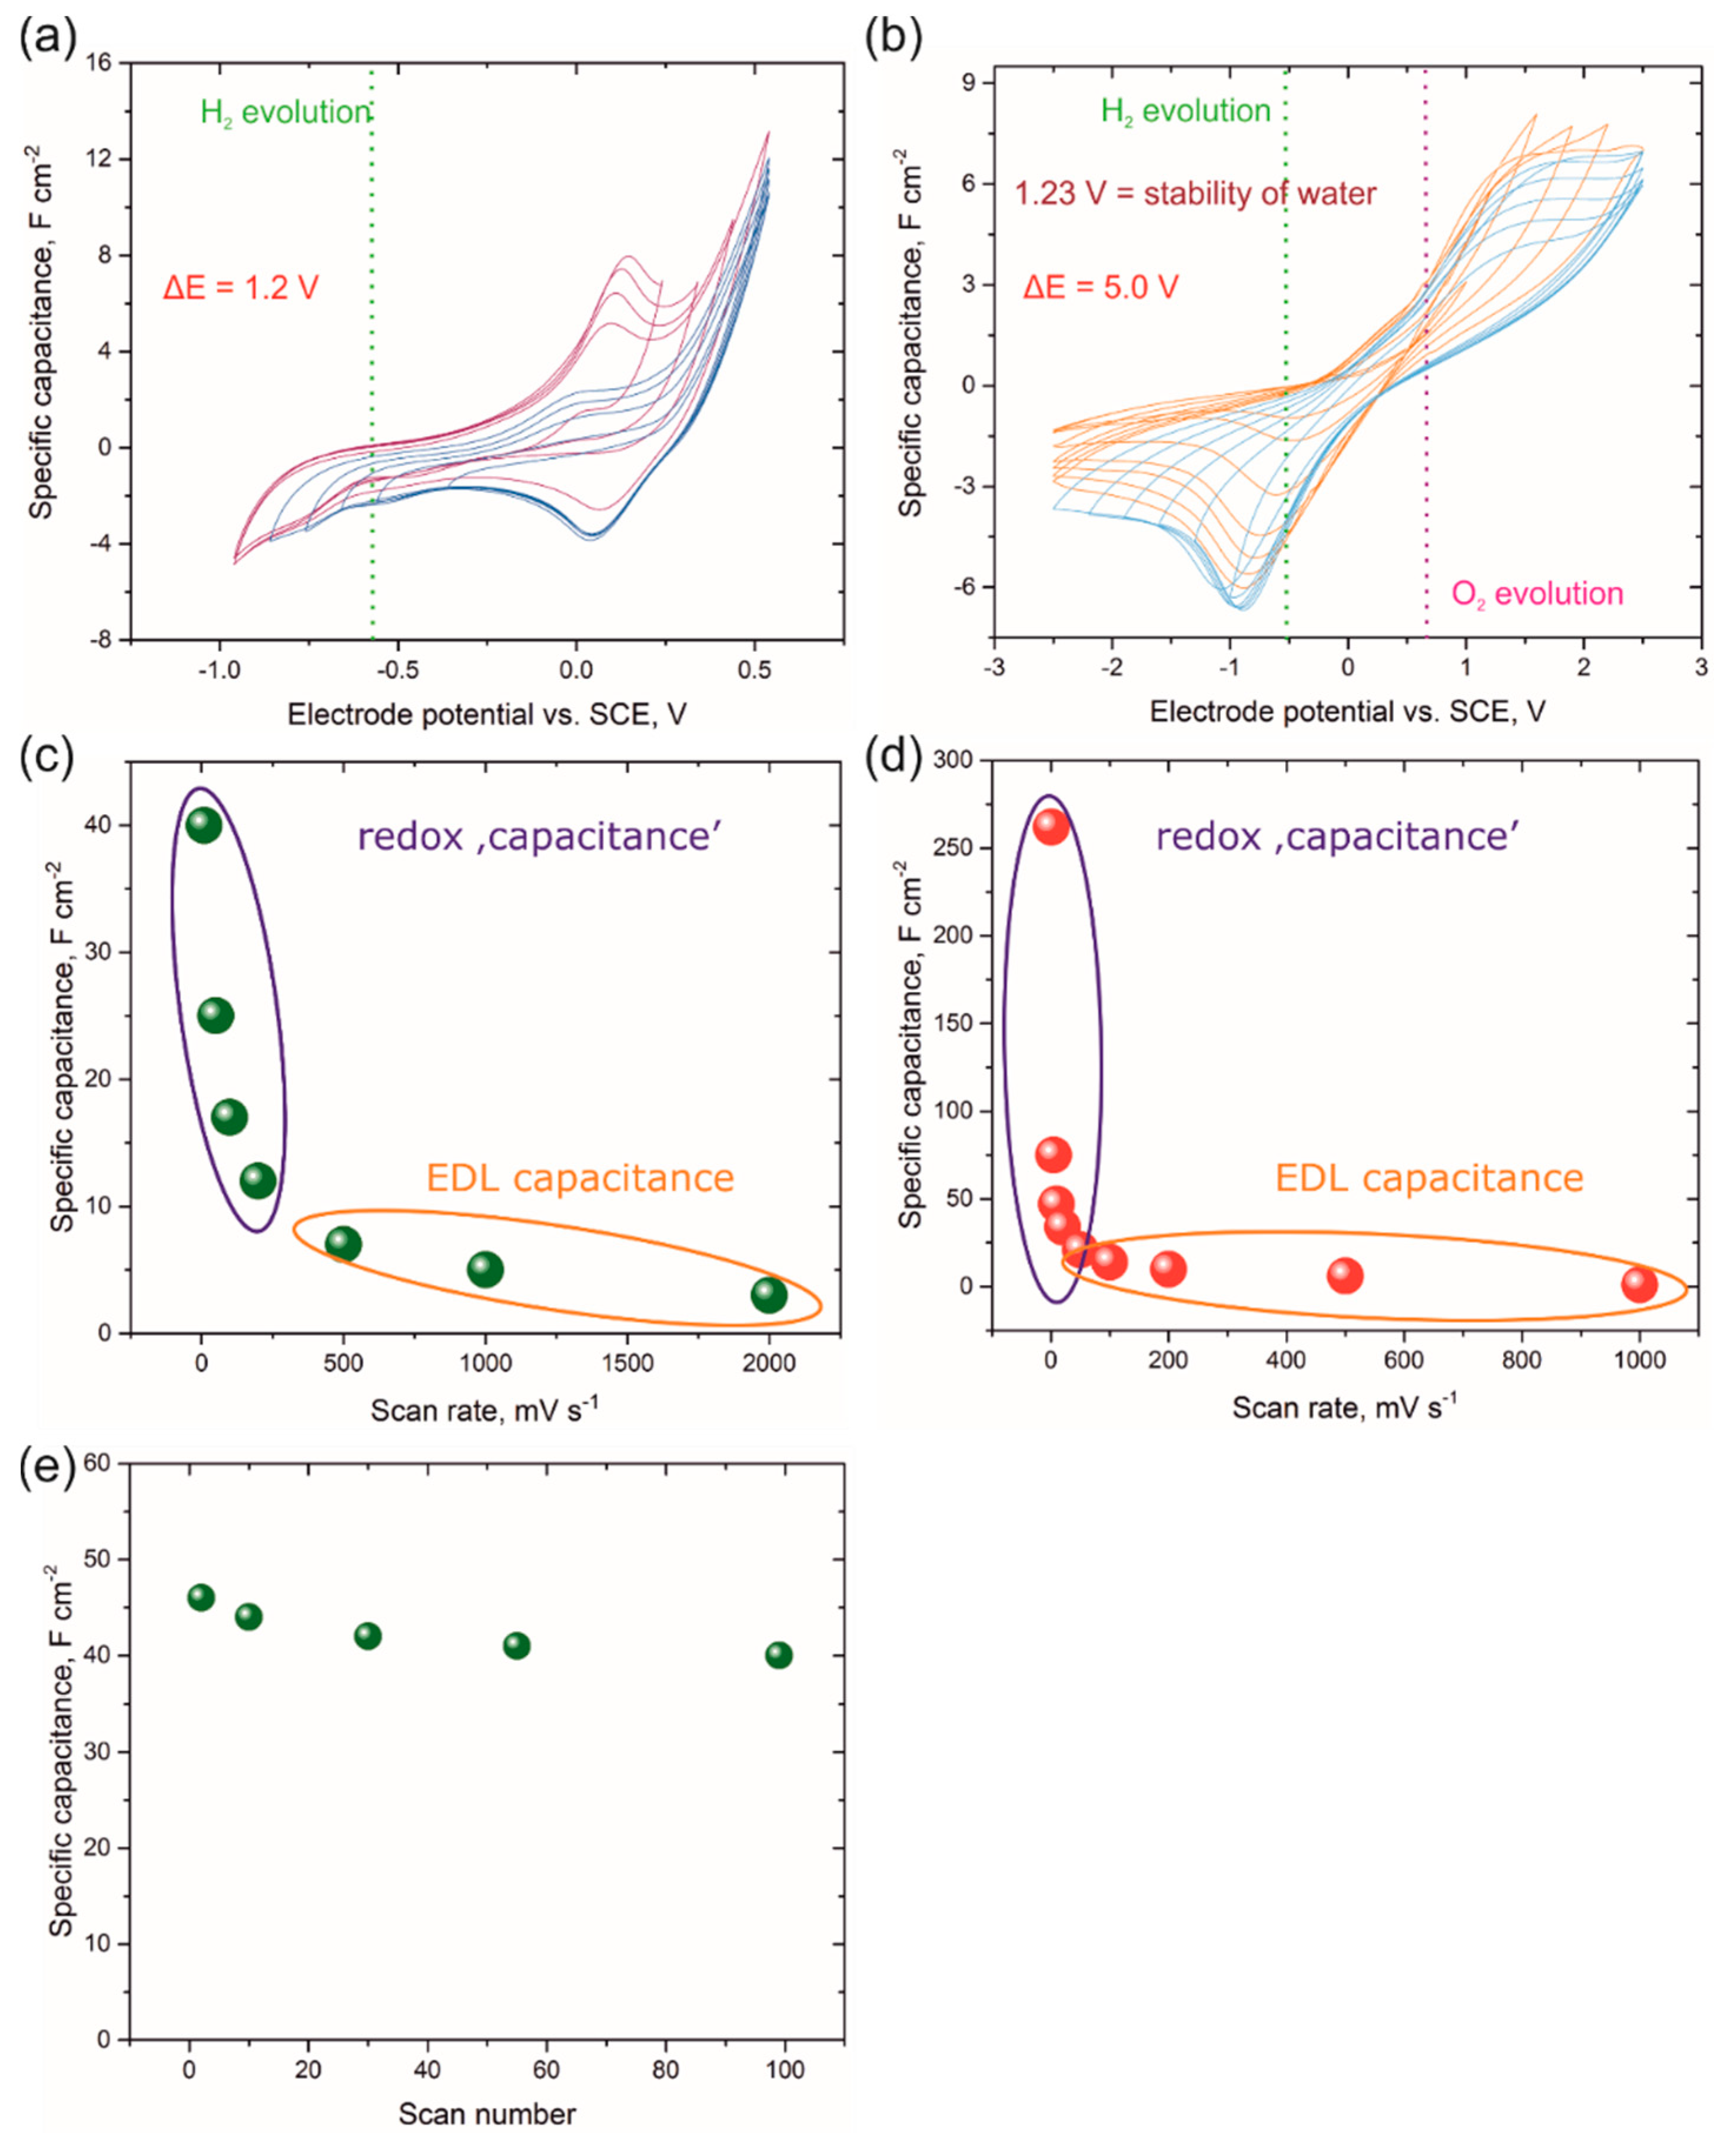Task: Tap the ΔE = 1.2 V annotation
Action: (x=240, y=288)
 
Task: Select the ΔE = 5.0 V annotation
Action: (x=1100, y=288)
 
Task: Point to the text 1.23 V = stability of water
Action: (x=1195, y=193)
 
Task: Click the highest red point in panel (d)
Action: (x=1051, y=826)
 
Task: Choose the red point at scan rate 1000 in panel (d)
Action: (x=1639, y=1284)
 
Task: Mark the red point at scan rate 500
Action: (x=1344, y=1275)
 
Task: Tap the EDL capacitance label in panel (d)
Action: (x=1428, y=1178)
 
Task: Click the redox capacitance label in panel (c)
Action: (x=539, y=837)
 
